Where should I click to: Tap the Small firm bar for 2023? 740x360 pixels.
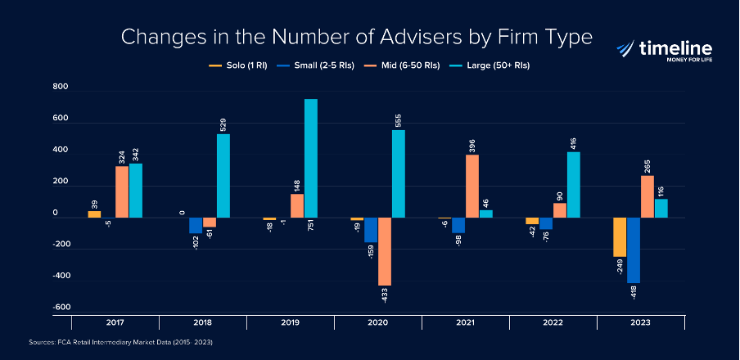633,250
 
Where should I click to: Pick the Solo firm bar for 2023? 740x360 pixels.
620,236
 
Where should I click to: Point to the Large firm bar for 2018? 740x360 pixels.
223,175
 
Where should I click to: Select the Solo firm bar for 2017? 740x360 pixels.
94,214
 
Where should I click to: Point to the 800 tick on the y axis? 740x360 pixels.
61,88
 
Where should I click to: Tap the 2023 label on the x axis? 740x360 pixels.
640,322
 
